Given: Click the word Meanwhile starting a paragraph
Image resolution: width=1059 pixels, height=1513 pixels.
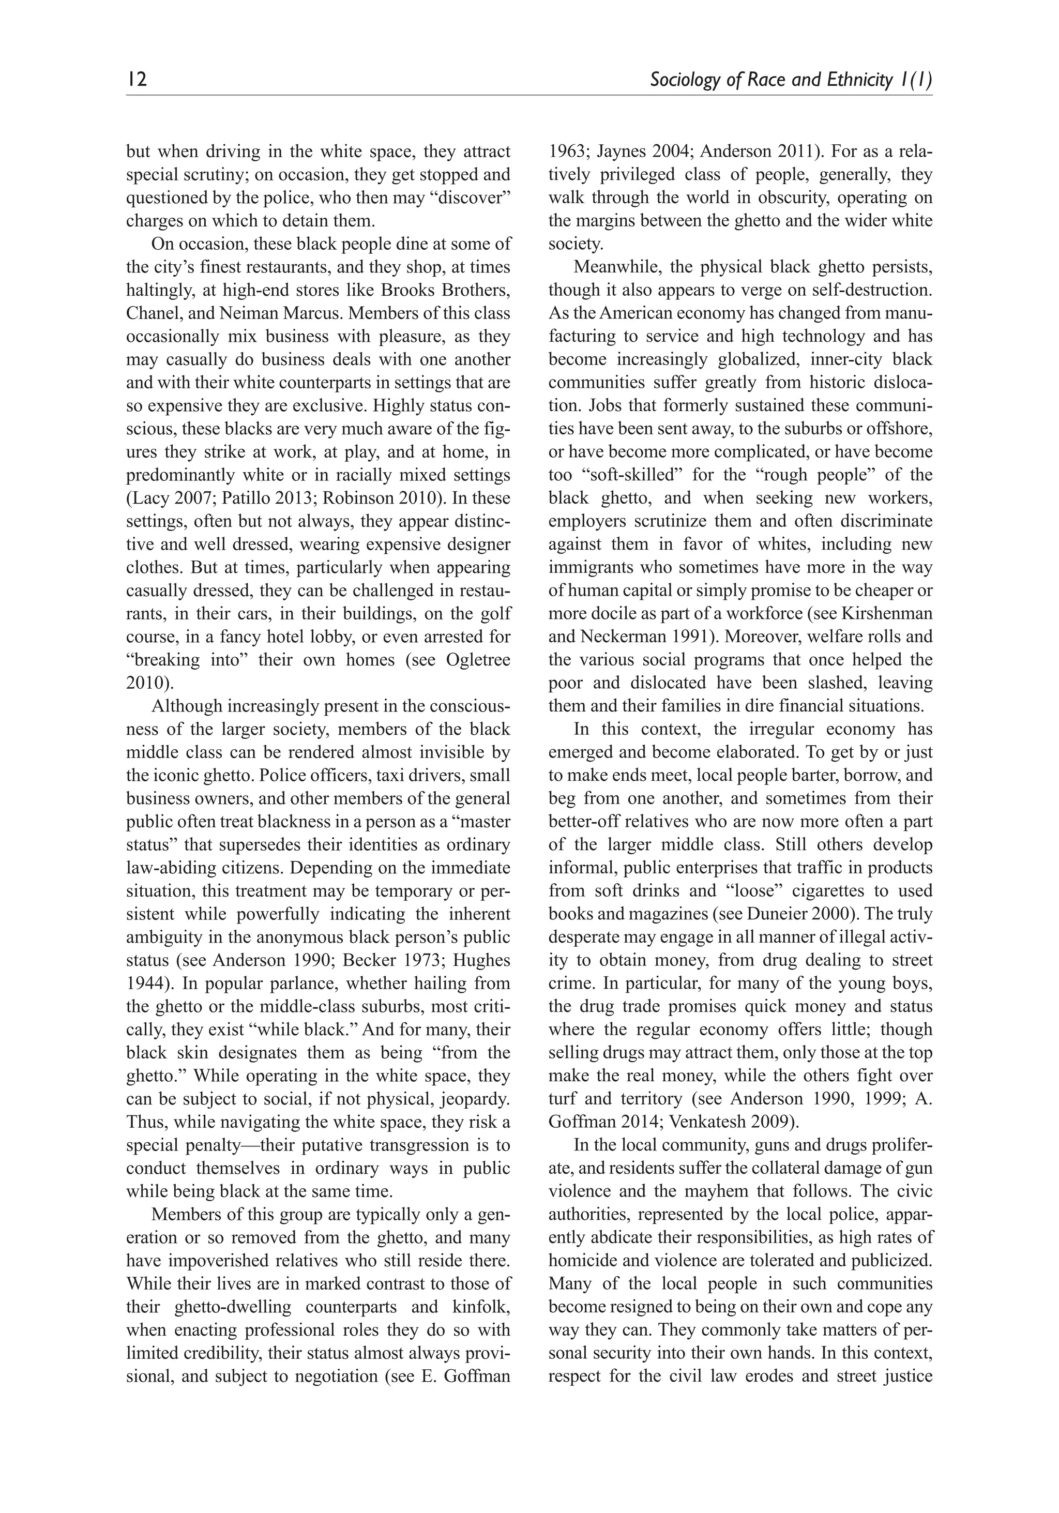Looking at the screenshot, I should [615, 267].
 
